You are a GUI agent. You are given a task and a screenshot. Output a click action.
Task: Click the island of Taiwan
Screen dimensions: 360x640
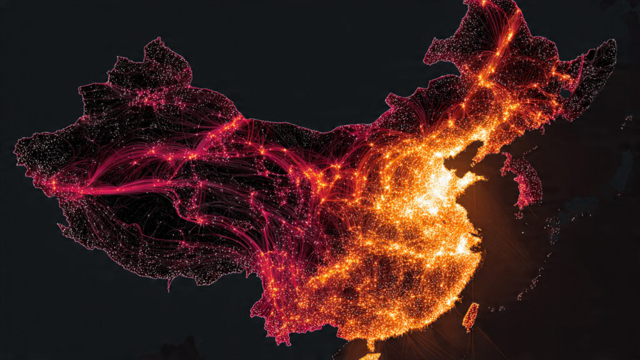(x=470, y=317)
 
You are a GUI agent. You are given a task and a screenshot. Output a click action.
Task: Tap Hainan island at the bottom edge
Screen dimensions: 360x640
(x=370, y=356)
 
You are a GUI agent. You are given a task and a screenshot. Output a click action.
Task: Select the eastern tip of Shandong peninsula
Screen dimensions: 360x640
(x=484, y=179)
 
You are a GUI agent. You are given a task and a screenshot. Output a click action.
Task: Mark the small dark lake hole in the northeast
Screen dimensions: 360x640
(x=566, y=94)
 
